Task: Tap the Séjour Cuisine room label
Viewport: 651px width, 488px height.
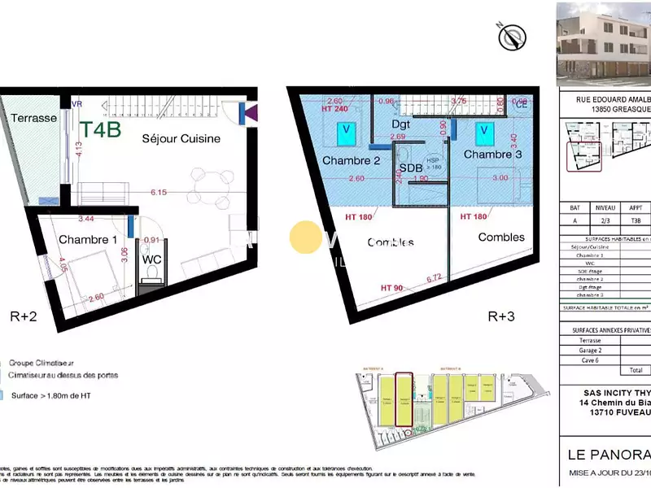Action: [181, 138]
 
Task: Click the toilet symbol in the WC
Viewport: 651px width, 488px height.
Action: [151, 272]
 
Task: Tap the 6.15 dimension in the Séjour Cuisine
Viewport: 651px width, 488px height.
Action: [157, 192]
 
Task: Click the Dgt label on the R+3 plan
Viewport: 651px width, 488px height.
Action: [401, 124]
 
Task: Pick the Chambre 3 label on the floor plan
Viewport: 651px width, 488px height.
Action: [493, 154]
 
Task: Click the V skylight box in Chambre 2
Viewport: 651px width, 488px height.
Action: [347, 129]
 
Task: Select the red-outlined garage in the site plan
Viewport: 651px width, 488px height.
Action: [404, 399]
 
